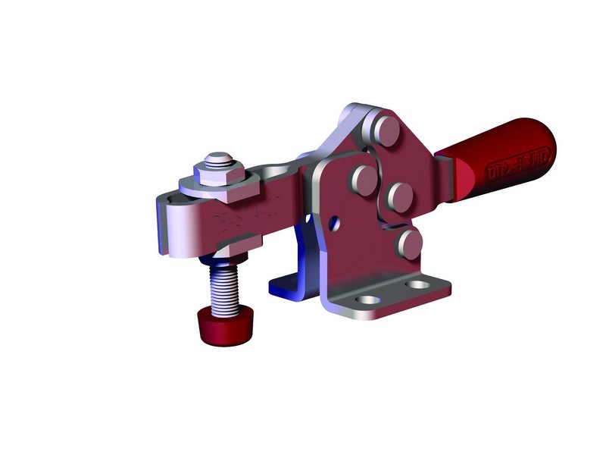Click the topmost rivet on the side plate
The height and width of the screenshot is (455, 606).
click(388, 130)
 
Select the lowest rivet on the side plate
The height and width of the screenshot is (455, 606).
click(410, 243)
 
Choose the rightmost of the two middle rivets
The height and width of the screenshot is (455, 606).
click(398, 196)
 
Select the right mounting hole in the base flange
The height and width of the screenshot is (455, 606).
click(417, 285)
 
